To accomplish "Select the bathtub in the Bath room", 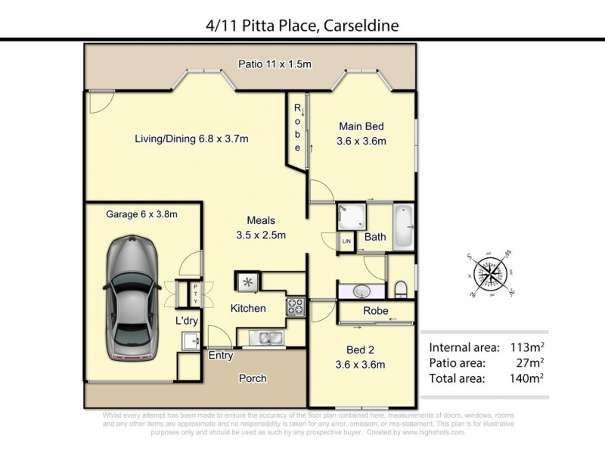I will [x=403, y=225].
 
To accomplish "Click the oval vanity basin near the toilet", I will [x=361, y=291].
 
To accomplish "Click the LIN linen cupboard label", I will [x=347, y=241].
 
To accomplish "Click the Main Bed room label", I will [x=361, y=133].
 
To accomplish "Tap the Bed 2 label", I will [x=361, y=358].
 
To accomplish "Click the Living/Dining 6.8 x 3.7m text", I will [x=191, y=138].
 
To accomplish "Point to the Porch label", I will [x=253, y=378].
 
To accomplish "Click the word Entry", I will [x=220, y=355].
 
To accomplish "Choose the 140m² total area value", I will [x=526, y=375].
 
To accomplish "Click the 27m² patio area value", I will [x=529, y=362].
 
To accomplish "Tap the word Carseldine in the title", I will [x=355, y=26].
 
